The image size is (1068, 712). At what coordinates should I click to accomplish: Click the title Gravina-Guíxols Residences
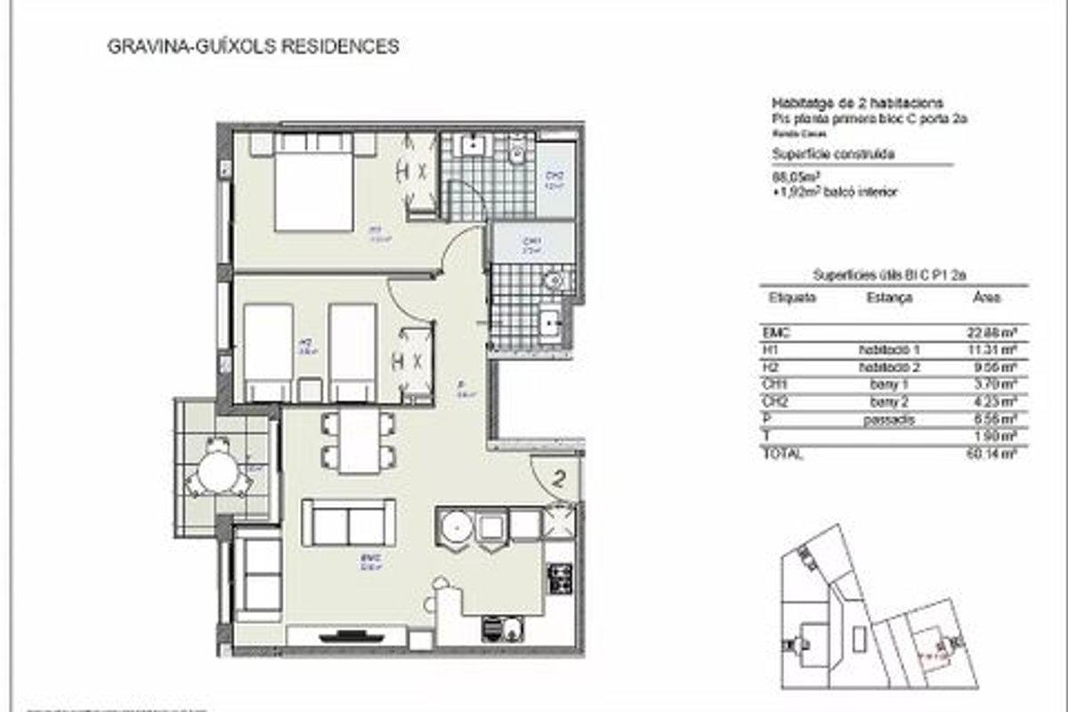[252, 46]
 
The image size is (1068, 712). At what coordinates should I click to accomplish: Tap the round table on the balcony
[218, 472]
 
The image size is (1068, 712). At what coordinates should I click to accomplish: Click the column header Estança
[888, 298]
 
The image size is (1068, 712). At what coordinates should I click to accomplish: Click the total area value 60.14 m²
[994, 454]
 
